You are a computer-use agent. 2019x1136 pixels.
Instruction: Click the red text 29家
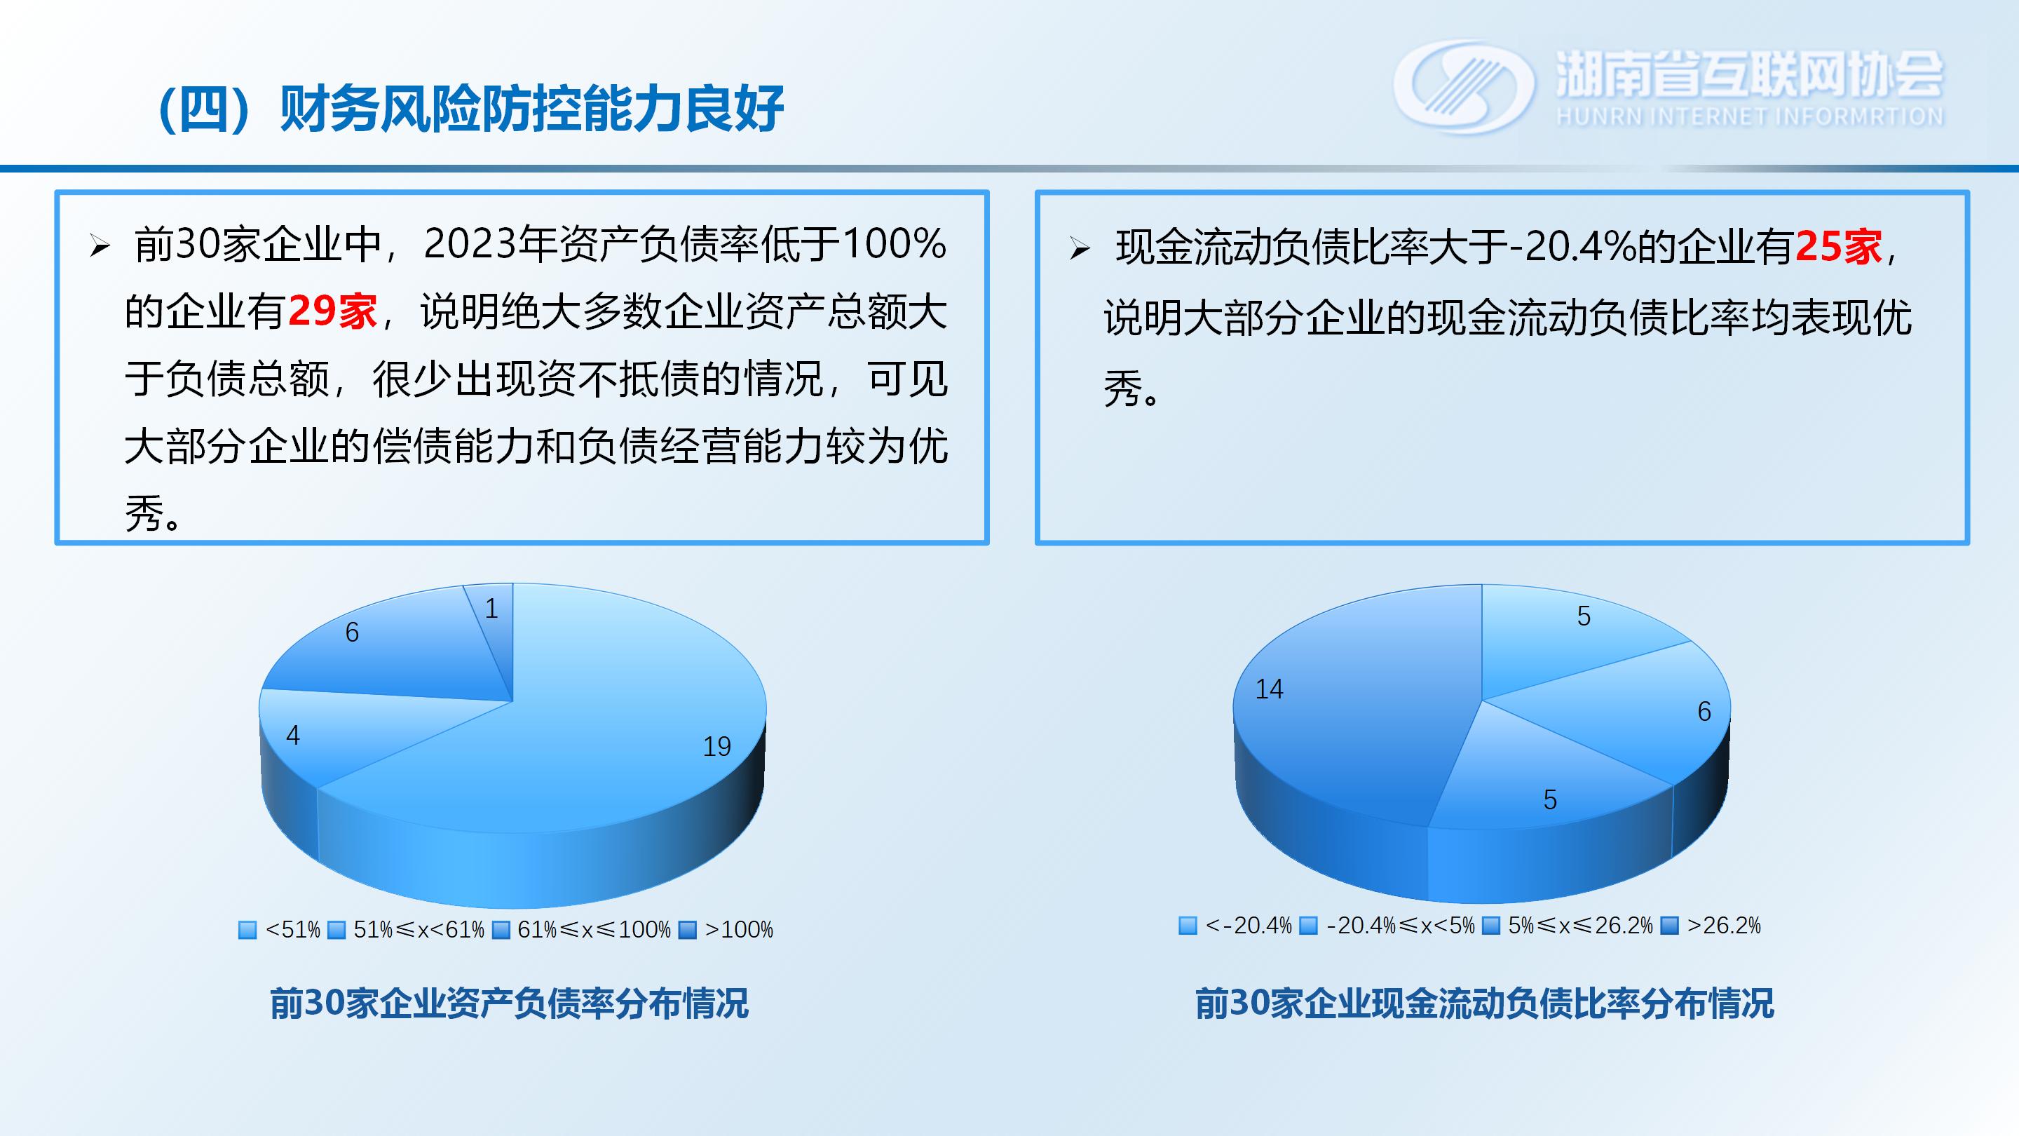(332, 311)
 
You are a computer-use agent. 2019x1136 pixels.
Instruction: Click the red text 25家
(1838, 247)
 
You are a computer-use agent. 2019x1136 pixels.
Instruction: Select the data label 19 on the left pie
(716, 746)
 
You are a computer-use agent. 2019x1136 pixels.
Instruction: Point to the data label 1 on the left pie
(491, 609)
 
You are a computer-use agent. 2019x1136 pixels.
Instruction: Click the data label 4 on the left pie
(293, 736)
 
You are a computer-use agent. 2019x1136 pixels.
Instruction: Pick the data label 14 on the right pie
(1269, 689)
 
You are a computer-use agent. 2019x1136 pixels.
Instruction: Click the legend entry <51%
(280, 930)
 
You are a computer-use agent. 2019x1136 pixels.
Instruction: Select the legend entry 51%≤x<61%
(406, 930)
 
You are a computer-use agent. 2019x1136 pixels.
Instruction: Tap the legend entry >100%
(726, 930)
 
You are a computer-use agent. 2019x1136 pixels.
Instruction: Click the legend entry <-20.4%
(1235, 926)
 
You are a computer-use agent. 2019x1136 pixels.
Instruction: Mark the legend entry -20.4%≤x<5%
(1387, 926)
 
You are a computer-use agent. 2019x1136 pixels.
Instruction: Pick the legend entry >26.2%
(1711, 926)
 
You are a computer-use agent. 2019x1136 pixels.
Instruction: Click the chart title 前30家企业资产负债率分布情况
(510, 1003)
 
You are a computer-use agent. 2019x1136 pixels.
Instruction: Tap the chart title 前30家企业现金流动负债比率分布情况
(1485, 1003)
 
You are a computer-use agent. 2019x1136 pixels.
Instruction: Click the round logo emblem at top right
(1464, 86)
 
